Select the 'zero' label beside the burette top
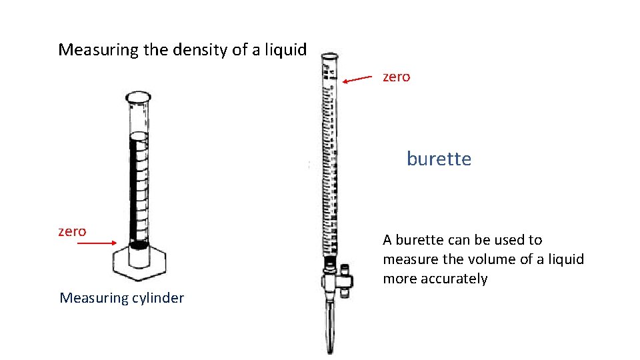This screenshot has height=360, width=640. pos(396,77)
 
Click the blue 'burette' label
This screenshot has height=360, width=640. pos(439,159)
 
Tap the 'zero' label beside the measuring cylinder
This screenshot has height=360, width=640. pos(72,231)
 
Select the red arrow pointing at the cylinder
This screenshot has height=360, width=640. pos(97,243)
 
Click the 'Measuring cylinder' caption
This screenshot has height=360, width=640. pos(121,298)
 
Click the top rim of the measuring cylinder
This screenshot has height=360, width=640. pos(138,97)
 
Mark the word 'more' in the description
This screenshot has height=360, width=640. pos(399,279)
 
